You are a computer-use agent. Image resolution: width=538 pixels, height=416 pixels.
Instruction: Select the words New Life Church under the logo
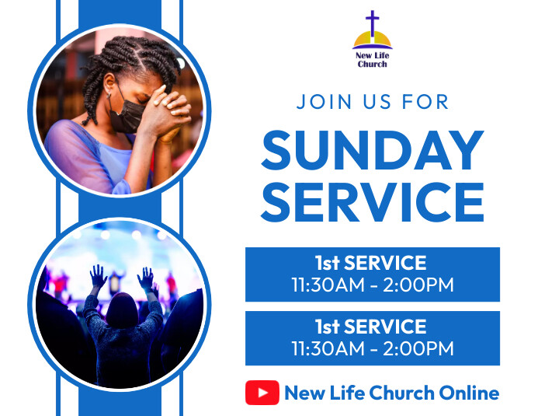[373, 60]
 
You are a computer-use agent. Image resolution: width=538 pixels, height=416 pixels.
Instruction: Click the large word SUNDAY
[373, 150]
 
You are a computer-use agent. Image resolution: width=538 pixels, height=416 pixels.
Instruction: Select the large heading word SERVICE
[373, 201]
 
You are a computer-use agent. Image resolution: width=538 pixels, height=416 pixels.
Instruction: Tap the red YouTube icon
[262, 393]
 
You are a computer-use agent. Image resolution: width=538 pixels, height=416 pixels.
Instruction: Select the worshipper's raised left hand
[97, 276]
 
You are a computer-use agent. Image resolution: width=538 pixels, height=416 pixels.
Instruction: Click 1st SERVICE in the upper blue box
[372, 263]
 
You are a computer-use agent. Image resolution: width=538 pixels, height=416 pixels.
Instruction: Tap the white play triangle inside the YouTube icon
[262, 393]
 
